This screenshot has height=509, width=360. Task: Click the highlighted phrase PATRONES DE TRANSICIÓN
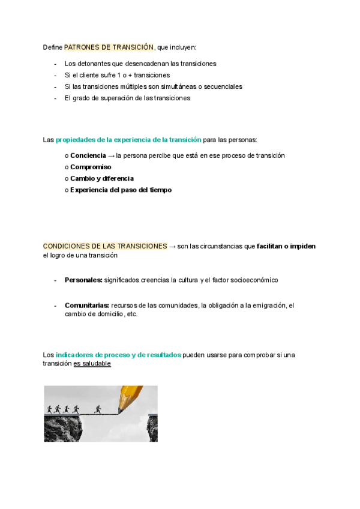point(109,47)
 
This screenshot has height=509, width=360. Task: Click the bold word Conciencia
point(88,155)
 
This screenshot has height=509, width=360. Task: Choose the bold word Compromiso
point(91,167)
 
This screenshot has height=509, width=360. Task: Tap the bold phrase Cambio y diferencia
point(102,178)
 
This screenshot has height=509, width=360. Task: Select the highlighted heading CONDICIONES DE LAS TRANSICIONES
point(105,246)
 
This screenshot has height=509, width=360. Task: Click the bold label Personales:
point(83,280)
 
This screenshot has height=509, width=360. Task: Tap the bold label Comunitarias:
point(86,306)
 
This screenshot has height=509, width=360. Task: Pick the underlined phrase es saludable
point(92,364)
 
